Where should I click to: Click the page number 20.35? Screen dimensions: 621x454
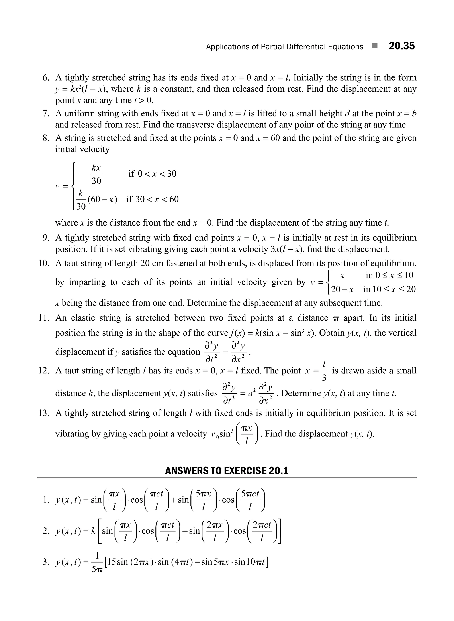tap(401, 46)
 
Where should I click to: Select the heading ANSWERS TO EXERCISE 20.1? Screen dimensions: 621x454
tap(227, 471)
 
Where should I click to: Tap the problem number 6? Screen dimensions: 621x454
tap(46, 78)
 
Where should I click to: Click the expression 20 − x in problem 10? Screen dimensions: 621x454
tap(342, 289)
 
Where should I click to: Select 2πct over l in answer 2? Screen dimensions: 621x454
tap(262, 531)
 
